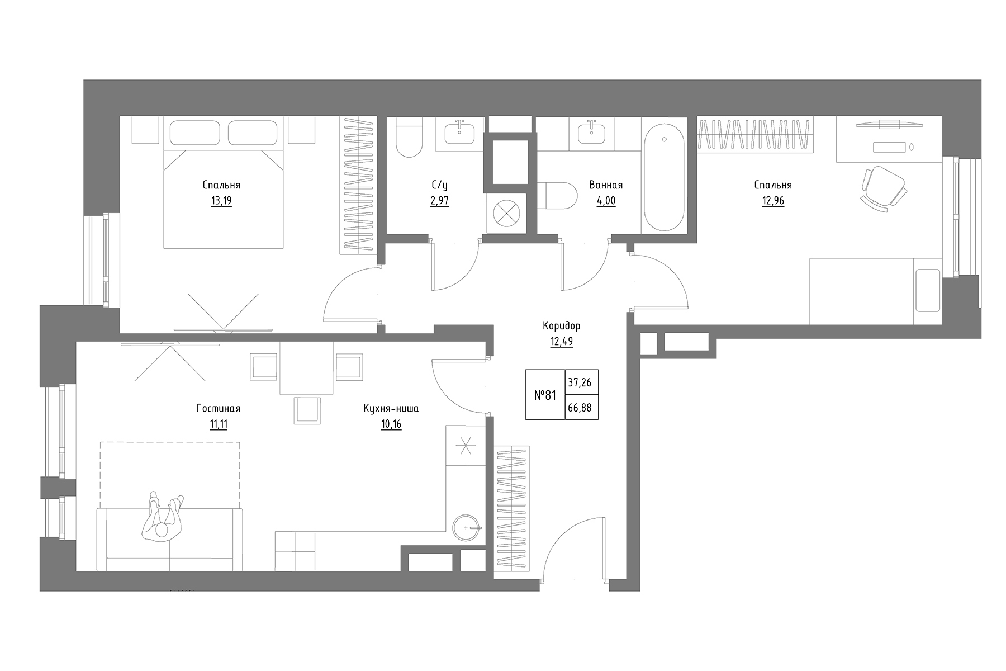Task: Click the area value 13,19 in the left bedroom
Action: [221, 201]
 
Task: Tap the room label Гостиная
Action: [218, 409]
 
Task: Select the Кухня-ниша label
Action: [391, 409]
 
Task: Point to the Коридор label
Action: [561, 325]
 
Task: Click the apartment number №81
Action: [545, 395]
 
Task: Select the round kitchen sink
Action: [466, 527]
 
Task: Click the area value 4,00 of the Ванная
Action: [606, 201]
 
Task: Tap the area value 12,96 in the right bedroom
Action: [772, 201]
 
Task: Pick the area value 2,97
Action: [439, 201]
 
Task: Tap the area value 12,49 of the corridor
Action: [561, 341]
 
